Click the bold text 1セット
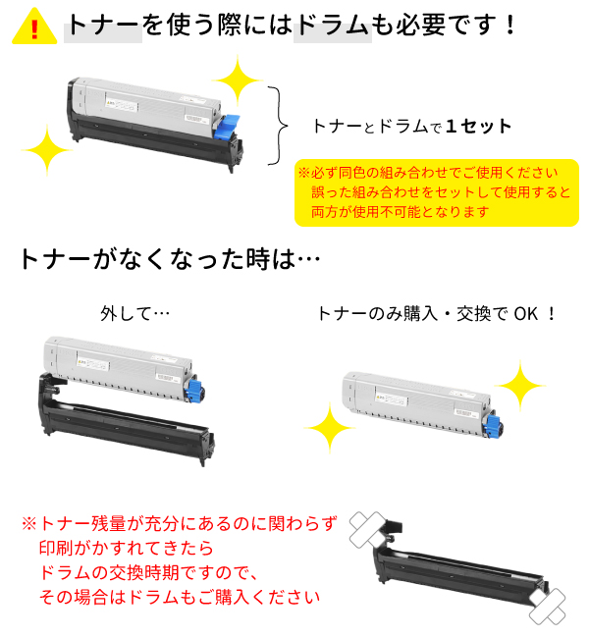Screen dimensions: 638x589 pyautogui.click(x=479, y=127)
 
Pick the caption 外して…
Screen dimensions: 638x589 pyautogui.click(x=134, y=314)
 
